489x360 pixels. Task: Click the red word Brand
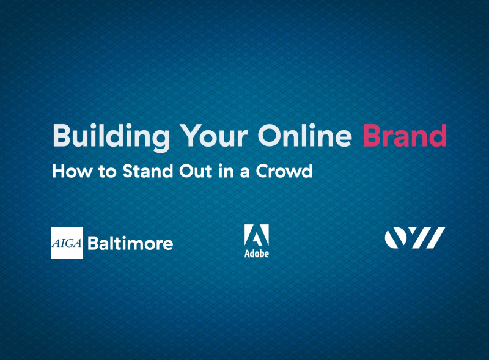coord(404,136)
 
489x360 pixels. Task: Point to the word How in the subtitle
coord(67,171)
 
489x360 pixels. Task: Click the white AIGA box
coord(67,243)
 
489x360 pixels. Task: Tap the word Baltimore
coord(130,243)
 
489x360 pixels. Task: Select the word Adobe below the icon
coord(256,254)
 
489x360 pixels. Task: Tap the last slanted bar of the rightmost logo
coord(435,237)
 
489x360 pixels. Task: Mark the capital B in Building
coord(59,136)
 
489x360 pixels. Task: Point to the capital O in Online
coord(267,136)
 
